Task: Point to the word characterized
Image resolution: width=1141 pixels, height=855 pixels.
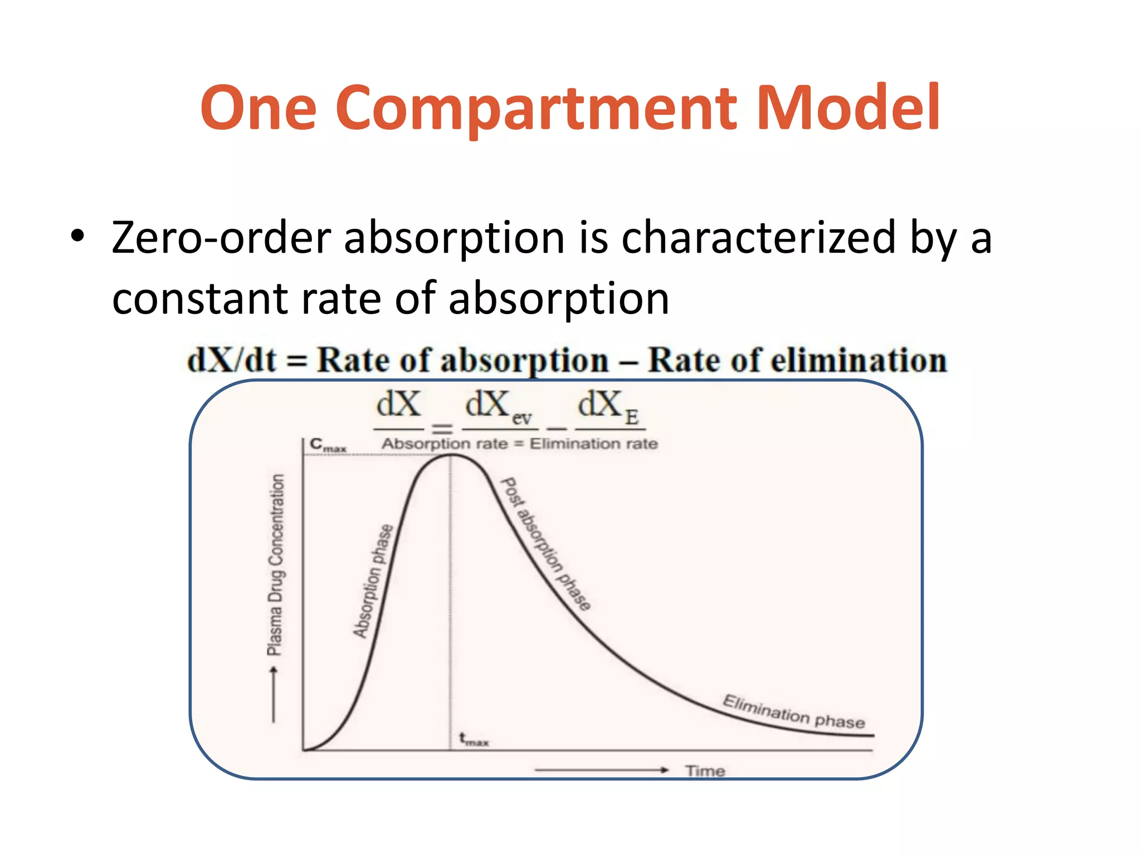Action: click(758, 238)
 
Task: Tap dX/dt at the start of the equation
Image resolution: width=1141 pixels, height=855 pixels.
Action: click(232, 360)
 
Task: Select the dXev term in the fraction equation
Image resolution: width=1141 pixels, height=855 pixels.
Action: click(498, 406)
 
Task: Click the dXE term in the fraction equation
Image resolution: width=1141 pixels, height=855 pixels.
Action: click(608, 406)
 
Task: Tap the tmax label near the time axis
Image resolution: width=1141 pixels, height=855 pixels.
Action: click(473, 740)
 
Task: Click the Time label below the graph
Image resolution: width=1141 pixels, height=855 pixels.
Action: click(705, 771)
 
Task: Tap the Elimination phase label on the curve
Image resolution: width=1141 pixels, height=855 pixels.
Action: click(793, 712)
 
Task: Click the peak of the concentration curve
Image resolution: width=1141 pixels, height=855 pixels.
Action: click(451, 455)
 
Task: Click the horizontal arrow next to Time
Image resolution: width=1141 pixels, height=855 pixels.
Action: click(601, 770)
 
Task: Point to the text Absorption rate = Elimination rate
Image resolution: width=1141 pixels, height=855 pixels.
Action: click(519, 444)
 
